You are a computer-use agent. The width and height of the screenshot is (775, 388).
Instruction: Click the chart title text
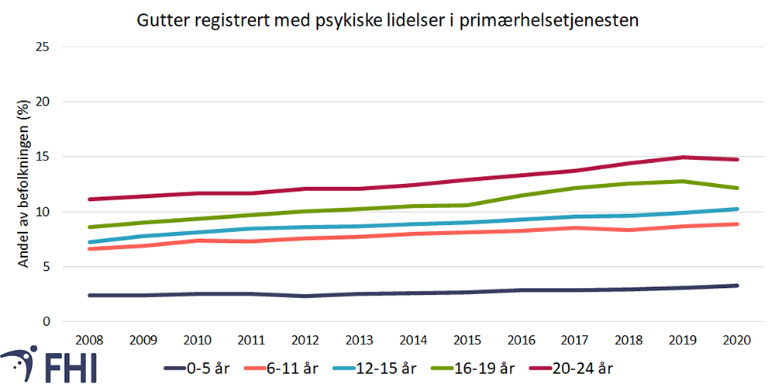(x=387, y=20)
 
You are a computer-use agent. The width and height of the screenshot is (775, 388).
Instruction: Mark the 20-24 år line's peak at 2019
(x=685, y=158)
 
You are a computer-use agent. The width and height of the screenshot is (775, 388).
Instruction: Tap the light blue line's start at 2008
(x=91, y=242)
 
